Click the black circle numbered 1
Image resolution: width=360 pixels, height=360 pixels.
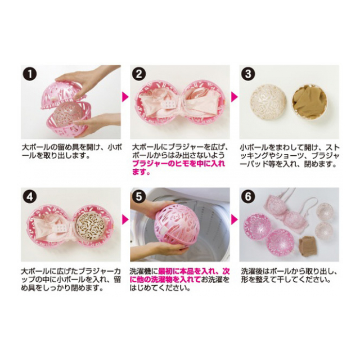coord(30,74)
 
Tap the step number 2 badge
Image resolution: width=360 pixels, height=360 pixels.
coord(139,74)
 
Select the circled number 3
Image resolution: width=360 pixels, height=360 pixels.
coord(248,74)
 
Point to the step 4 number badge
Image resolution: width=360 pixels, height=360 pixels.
coord(30,196)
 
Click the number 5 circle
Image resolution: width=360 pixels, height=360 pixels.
coord(139,196)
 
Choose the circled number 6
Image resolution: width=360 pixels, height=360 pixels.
coord(248,196)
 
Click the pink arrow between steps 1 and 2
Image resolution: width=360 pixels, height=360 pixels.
coord(125,97)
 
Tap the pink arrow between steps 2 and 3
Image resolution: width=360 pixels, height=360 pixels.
coord(235,97)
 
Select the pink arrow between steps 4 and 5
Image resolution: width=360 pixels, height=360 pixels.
coord(125,220)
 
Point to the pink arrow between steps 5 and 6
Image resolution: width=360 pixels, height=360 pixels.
coord(235,220)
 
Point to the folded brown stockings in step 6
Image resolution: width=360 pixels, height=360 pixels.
coord(308,244)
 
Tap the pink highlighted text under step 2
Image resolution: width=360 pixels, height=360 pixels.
coord(178,168)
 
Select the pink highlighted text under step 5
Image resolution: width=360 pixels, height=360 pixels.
coord(180,276)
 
